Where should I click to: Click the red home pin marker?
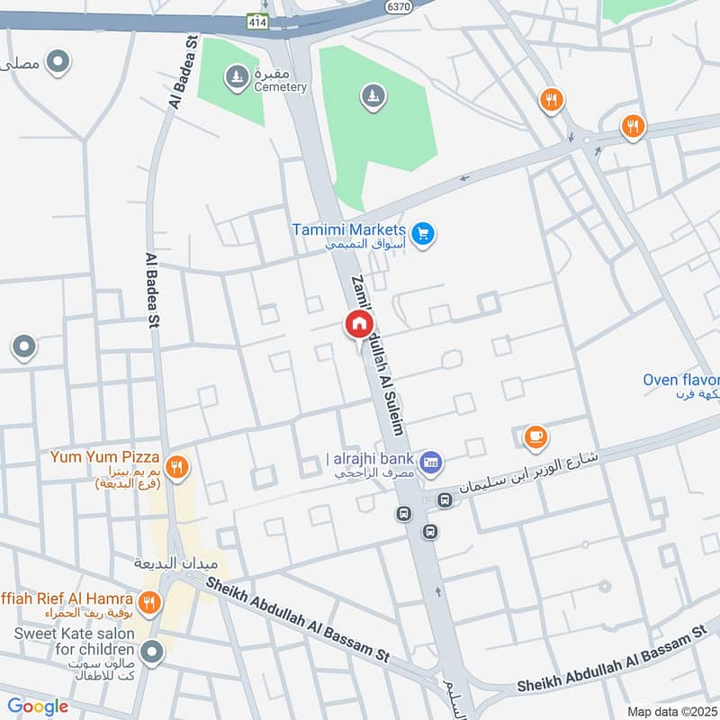click(358, 324)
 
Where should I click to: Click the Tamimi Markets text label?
click(349, 229)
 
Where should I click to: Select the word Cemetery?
click(279, 87)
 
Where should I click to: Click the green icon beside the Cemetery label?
click(236, 76)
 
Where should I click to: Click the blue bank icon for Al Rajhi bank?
click(431, 462)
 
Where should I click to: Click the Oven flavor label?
click(680, 380)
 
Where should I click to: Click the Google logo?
click(38, 706)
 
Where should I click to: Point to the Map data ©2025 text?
click(670, 711)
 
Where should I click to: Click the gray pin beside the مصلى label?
click(59, 62)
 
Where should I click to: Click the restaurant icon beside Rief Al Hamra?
click(150, 600)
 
